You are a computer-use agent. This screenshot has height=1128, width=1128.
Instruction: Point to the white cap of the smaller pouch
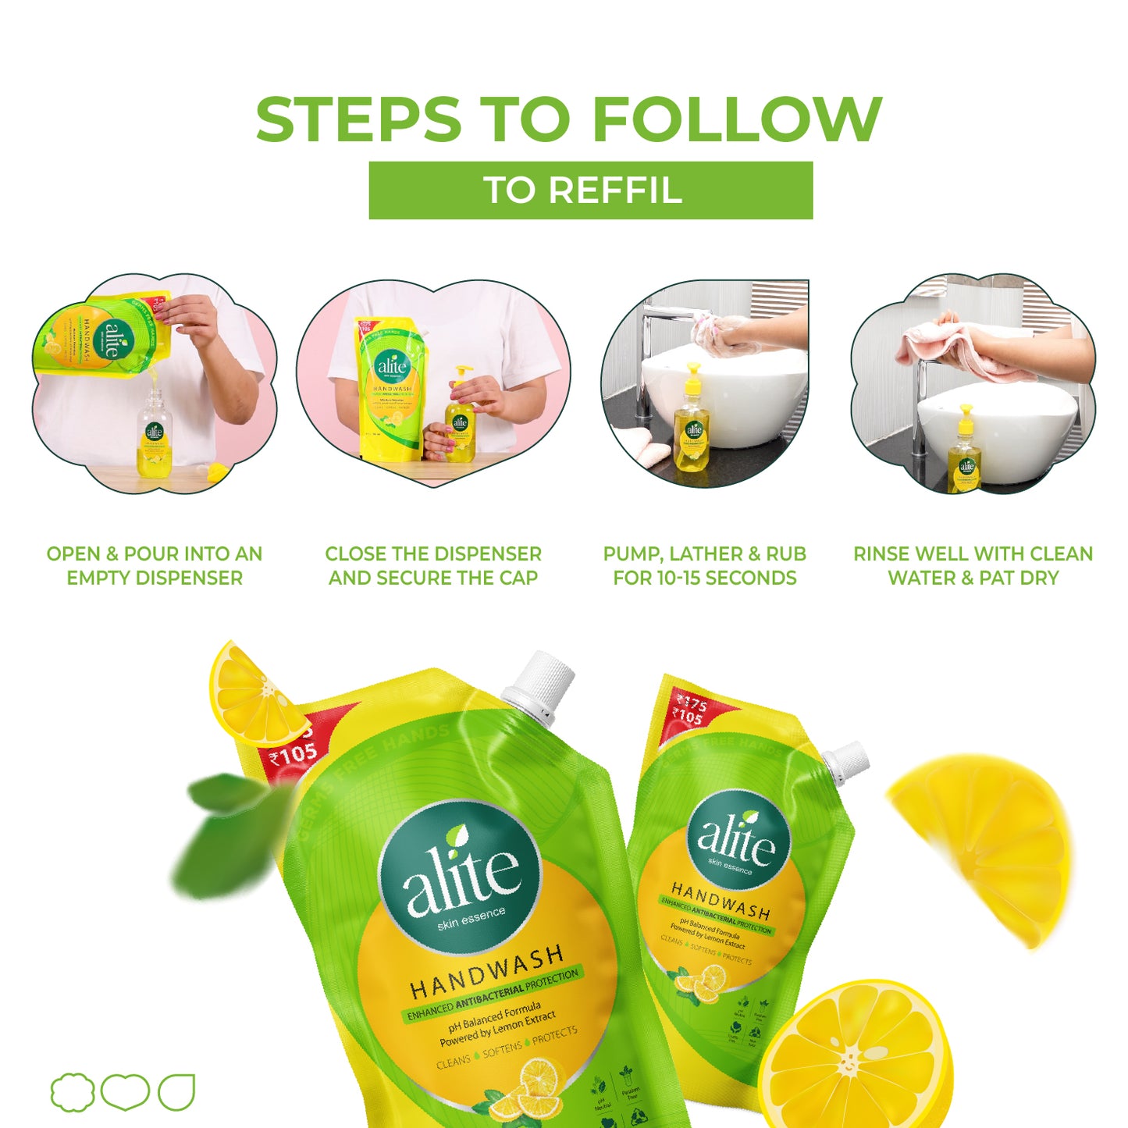pyautogui.click(x=848, y=760)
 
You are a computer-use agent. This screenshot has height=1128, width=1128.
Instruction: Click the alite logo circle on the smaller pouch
pyautogui.click(x=737, y=839)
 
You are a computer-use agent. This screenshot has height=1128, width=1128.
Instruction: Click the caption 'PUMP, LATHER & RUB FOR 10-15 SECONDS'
pyautogui.click(x=704, y=566)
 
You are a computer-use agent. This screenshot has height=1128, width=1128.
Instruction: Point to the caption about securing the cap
pyautogui.click(x=433, y=566)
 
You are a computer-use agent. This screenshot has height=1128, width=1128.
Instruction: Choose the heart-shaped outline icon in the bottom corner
pyautogui.click(x=125, y=1091)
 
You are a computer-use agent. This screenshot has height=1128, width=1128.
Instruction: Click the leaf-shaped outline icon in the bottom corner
pyautogui.click(x=176, y=1091)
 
